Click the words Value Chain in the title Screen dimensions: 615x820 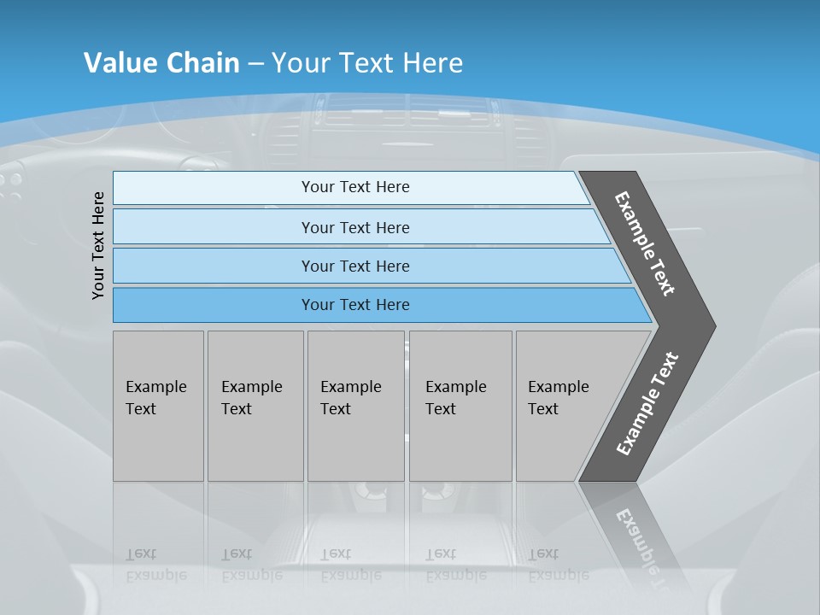point(161,62)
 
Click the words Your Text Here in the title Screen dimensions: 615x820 point(367,62)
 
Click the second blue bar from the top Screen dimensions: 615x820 point(354,227)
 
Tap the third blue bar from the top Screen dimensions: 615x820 point(354,266)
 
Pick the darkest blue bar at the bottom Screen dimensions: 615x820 point(354,305)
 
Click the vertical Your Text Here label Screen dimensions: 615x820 point(98,245)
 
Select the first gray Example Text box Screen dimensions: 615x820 point(158,406)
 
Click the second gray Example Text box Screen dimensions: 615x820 point(255,406)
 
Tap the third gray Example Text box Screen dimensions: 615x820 point(354,406)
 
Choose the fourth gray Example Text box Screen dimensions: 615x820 point(460,406)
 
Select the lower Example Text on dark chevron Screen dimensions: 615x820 point(647,404)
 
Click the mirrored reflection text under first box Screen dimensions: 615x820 point(155,565)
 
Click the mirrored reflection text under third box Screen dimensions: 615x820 point(350,565)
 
